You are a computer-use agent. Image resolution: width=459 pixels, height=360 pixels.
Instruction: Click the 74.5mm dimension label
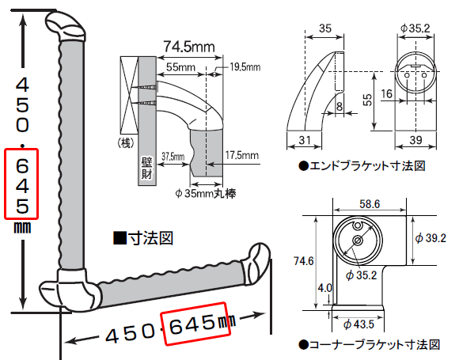189,47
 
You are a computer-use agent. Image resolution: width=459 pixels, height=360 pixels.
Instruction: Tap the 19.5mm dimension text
245,67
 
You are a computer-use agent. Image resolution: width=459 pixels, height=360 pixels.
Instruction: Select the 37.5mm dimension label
173,157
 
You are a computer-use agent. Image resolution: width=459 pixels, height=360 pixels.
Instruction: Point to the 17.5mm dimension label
242,155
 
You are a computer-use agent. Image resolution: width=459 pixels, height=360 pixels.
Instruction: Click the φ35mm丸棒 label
206,194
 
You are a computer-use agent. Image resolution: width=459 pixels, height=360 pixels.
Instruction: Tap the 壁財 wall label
146,168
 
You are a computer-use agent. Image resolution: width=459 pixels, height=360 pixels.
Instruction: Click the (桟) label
126,143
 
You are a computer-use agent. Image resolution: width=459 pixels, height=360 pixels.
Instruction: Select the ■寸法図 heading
143,238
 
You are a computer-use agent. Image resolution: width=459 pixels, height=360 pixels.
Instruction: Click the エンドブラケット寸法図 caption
362,166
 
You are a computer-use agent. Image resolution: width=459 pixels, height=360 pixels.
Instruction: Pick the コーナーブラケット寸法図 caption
370,345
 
